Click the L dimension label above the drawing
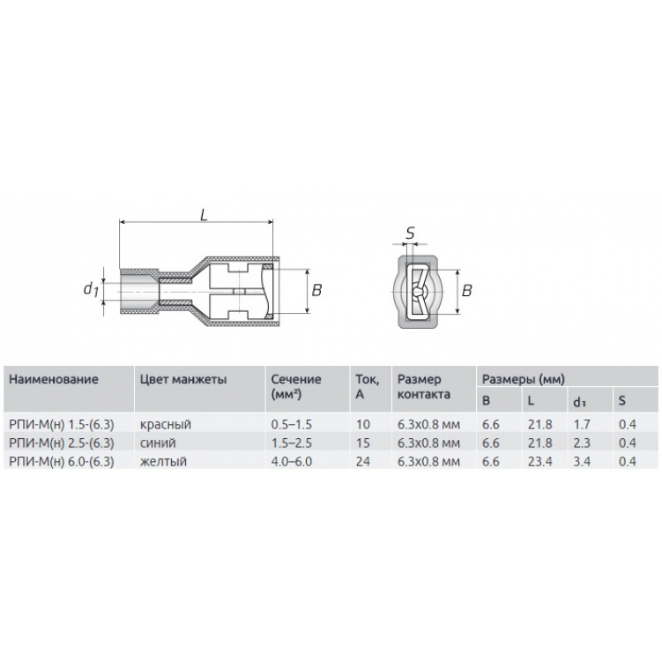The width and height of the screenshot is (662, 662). [x=205, y=215]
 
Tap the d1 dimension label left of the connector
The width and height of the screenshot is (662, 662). [x=91, y=288]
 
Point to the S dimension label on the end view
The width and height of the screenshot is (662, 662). [x=410, y=233]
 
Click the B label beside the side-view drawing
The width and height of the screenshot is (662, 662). [x=316, y=290]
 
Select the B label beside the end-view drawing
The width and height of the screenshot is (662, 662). [x=466, y=290]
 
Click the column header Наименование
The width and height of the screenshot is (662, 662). [x=54, y=379]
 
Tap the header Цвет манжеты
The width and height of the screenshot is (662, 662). [x=183, y=379]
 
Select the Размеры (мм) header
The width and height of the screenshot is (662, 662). [x=523, y=379]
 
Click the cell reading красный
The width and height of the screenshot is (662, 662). [x=166, y=424]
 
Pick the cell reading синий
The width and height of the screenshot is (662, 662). [x=158, y=443]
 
